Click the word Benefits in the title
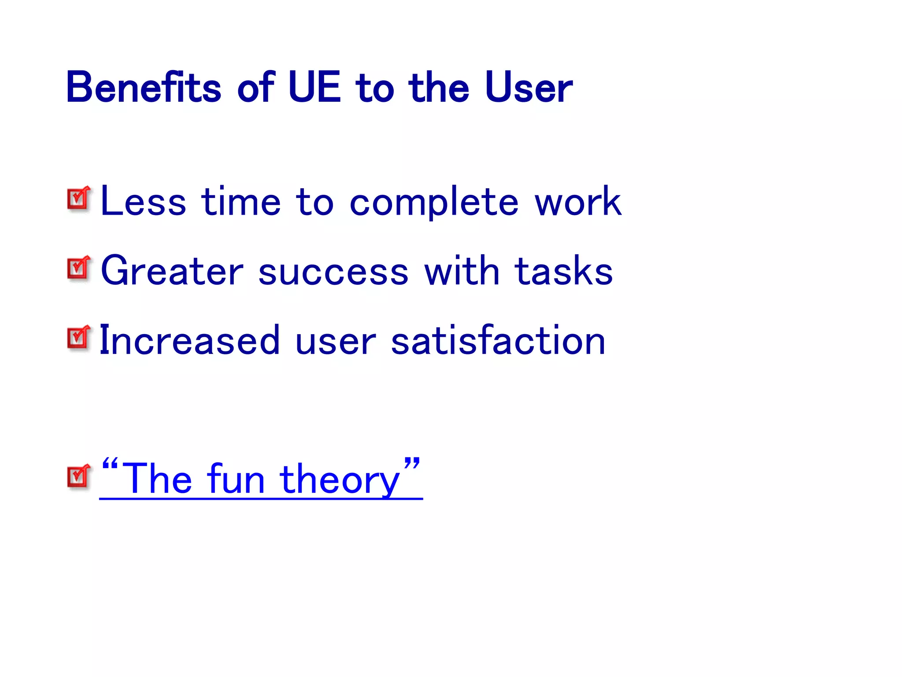pos(143,88)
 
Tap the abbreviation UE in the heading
pos(314,88)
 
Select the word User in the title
pos(528,88)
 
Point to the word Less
pos(143,202)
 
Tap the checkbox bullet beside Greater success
pos(79,268)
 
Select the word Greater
pos(172,271)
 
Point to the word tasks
pos(564,271)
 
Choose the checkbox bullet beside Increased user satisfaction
pos(79,338)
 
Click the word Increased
pos(190,340)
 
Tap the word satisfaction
pos(498,340)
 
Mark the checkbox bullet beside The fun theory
pos(79,476)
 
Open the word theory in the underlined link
pos(340,480)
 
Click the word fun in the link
pos(236,480)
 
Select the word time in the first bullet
pos(241,202)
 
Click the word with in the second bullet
pos(462,271)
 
